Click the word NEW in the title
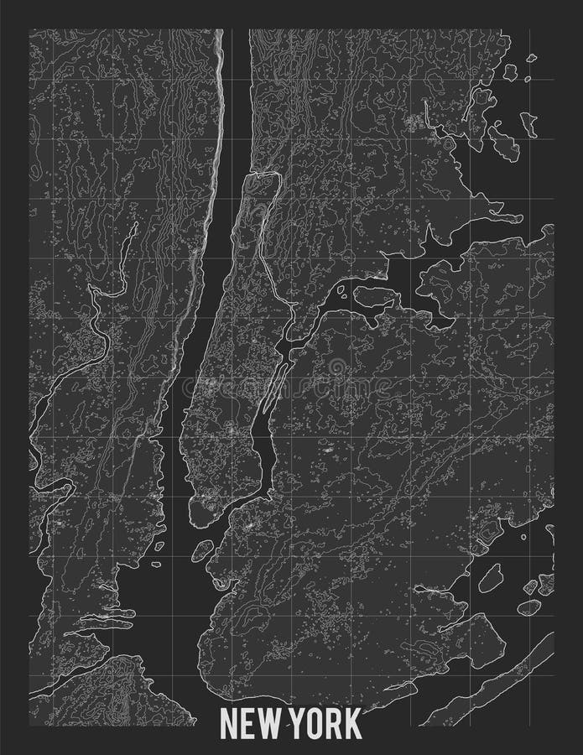coord(251,724)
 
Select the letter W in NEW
coord(269,724)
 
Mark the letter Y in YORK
coord(296,724)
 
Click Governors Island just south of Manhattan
coord(202,551)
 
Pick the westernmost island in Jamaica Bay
coord(491,578)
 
